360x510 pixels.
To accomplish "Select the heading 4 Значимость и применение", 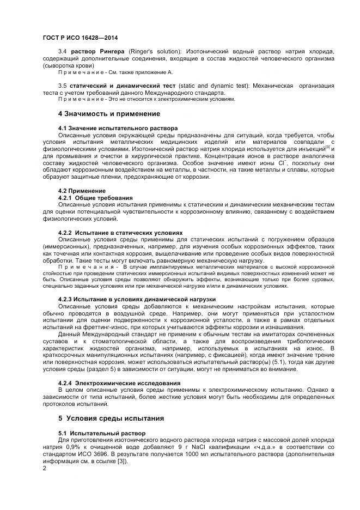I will pyautogui.click(x=109, y=114).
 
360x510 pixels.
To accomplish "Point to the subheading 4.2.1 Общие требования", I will pyautogui.click(x=95, y=197).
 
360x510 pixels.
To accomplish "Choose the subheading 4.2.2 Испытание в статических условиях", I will pyautogui.click(x=120, y=233).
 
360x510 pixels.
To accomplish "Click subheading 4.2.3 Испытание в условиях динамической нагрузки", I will pyautogui.click(x=137, y=299).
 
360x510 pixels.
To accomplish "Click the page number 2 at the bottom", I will pyautogui.click(x=45, y=467).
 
